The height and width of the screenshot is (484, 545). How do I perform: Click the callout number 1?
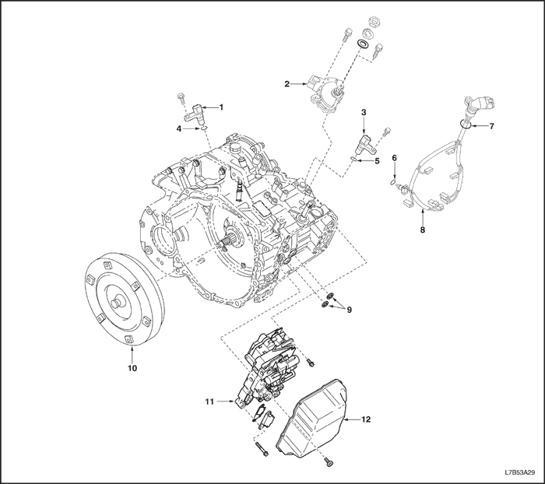pos(220,106)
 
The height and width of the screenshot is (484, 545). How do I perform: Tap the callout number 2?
pos(287,82)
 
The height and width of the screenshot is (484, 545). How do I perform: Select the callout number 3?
pos(363,113)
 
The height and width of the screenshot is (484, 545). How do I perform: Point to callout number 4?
pos(178,128)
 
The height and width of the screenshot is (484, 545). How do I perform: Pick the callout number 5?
pos(377,161)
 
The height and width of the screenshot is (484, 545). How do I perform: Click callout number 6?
pos(394,158)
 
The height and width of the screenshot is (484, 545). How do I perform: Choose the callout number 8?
pos(422,230)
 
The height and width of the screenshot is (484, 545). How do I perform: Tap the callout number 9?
pos(350,310)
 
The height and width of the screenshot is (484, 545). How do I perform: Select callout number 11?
pos(209,402)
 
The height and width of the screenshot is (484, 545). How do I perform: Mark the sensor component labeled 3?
pos(364,143)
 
